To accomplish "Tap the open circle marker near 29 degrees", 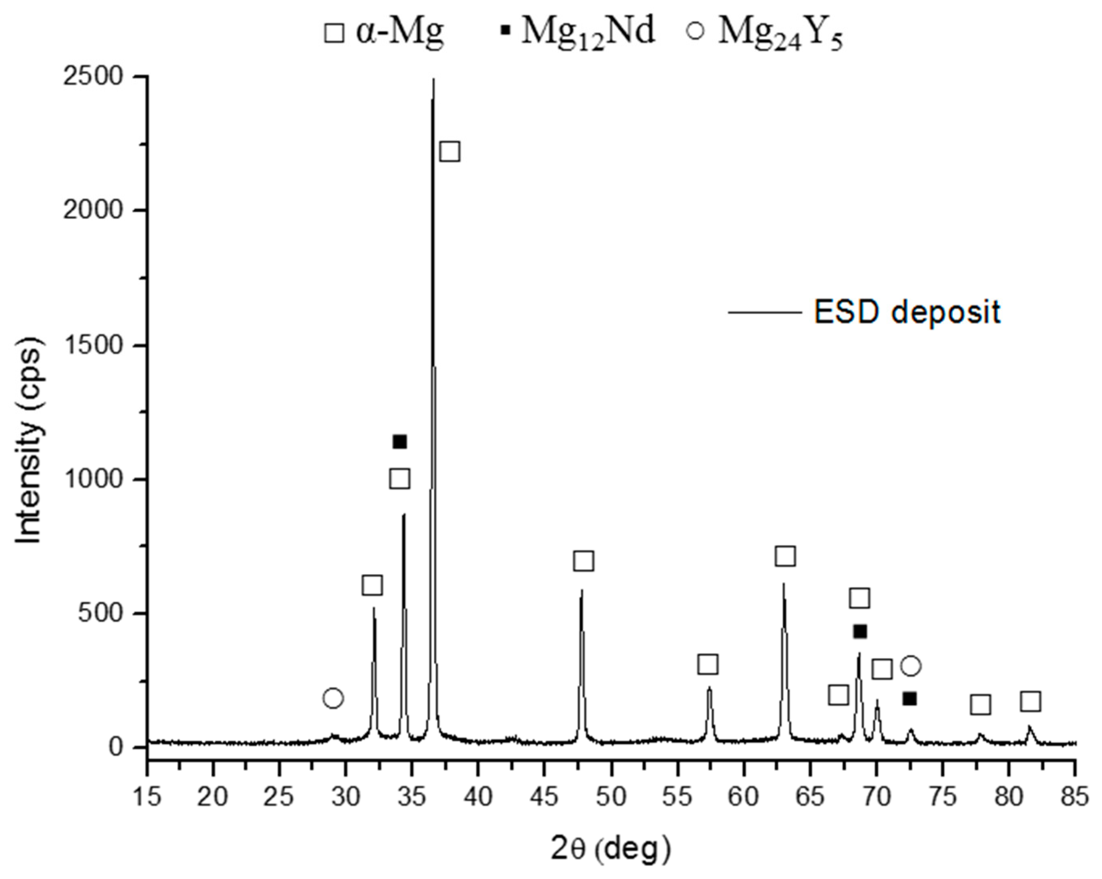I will [x=333, y=698].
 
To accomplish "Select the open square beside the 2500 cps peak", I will [x=450, y=151].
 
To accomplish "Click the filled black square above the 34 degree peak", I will [x=400, y=442].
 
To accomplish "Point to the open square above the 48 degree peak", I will [x=583, y=561].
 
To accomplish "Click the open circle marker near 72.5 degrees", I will [x=911, y=666].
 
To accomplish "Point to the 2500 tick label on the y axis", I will [x=93, y=76].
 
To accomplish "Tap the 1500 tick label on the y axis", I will [x=93, y=345].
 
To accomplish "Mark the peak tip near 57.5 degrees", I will [x=709, y=688].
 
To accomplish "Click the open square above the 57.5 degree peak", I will [x=708, y=664].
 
